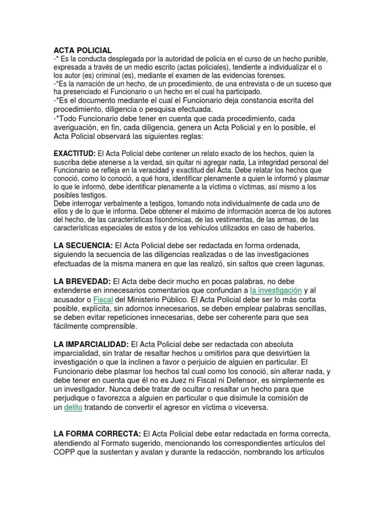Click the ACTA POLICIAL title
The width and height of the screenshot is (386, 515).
coord(82,50)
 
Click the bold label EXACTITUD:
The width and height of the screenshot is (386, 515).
coord(74,153)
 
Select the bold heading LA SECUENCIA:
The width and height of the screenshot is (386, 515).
coord(83,245)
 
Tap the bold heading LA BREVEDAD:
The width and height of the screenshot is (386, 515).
coord(82,281)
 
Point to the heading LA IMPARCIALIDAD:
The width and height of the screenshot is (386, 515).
coord(91,344)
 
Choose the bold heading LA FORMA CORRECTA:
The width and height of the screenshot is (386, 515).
coord(97,434)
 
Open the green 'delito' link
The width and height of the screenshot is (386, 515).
coord(73,407)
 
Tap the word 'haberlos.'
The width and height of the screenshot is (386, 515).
coord(300,228)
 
